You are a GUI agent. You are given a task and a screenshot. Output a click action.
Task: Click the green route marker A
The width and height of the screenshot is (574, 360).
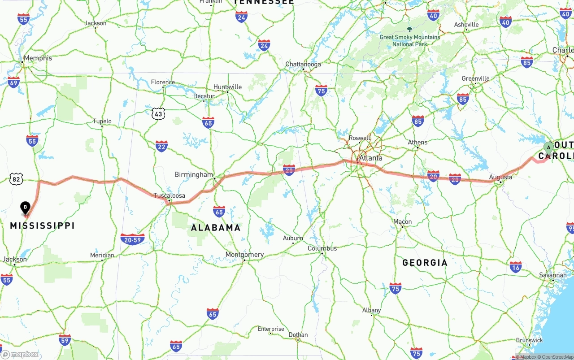[x=548, y=148]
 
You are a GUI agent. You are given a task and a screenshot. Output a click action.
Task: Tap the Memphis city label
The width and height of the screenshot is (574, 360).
[x=38, y=58]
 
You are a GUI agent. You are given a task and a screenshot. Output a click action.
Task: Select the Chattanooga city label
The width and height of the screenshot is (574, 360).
[x=303, y=65]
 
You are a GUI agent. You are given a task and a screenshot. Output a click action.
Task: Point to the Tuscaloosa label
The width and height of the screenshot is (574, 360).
[x=169, y=195]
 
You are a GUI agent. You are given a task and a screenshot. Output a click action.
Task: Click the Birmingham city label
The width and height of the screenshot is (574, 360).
[x=193, y=174]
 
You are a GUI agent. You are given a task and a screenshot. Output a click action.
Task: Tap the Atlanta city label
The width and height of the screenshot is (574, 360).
[x=371, y=158]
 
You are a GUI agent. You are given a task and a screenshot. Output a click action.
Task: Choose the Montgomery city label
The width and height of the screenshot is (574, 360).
[x=244, y=255]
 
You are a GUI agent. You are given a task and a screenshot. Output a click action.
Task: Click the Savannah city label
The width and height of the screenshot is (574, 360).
[x=552, y=275]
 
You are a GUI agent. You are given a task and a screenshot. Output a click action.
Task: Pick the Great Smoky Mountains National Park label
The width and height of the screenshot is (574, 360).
[x=410, y=40]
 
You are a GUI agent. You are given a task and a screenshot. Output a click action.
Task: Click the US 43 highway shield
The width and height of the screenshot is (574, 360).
[x=158, y=114]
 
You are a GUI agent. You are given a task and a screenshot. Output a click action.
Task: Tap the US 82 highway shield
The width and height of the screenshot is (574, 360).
[x=16, y=179]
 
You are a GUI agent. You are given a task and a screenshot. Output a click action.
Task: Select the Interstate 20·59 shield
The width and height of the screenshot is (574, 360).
[x=132, y=239]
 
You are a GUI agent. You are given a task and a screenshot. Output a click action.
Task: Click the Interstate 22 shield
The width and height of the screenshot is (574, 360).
[x=161, y=146]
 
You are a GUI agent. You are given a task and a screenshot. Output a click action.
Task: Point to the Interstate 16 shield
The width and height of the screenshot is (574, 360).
[x=516, y=267]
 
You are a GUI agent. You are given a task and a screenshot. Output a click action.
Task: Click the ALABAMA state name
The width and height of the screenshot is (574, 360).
[x=216, y=228]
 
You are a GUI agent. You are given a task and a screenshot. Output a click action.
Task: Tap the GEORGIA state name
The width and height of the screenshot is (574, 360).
[x=425, y=263]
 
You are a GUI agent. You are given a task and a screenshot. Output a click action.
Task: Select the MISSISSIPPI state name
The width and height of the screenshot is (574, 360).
[x=42, y=226]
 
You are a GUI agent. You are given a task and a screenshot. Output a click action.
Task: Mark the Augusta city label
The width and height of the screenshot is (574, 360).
[x=500, y=177]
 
